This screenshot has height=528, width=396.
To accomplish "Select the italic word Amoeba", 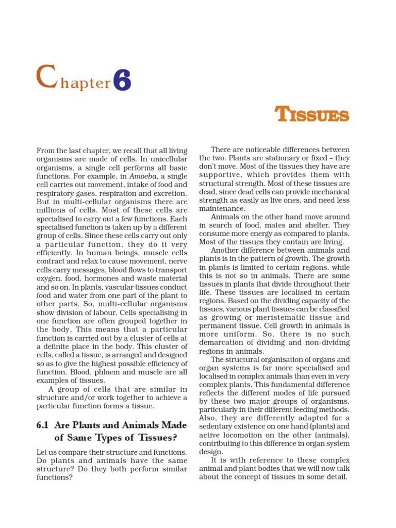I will tap(135, 175).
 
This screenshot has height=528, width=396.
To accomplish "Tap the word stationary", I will tap(276, 158).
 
